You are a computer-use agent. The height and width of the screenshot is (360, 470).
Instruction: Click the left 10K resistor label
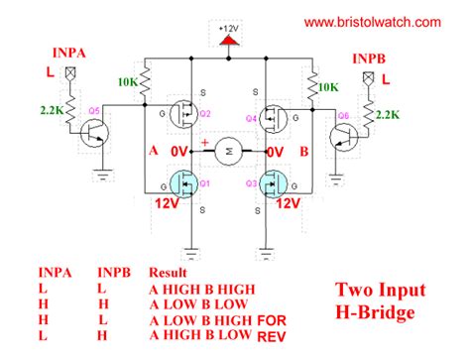pos(127,81)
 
